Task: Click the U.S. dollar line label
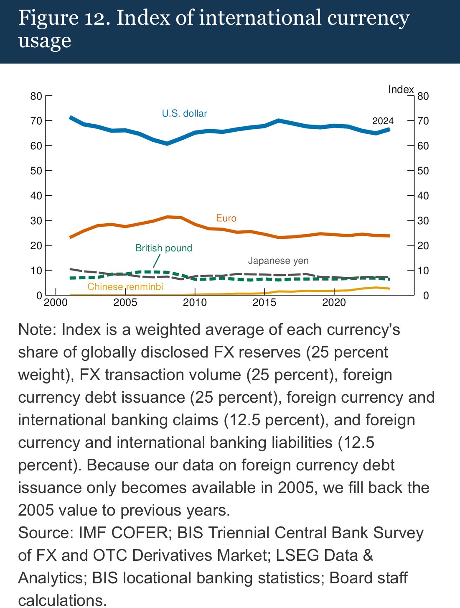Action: [184, 113]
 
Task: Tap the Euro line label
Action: [226, 218]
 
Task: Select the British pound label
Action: [164, 248]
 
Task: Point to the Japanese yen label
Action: [278, 261]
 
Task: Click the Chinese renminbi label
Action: [125, 286]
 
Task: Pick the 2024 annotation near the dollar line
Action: [383, 121]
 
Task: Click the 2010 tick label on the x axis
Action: [195, 302]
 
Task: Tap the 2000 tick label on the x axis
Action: [56, 302]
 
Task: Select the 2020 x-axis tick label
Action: [334, 302]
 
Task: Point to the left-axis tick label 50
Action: [36, 171]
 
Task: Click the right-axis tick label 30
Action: [423, 221]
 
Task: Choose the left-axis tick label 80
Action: [36, 96]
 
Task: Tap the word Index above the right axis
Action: [401, 89]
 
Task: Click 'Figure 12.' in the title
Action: [64, 18]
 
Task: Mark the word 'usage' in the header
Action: [45, 41]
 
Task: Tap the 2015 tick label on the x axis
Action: [264, 302]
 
